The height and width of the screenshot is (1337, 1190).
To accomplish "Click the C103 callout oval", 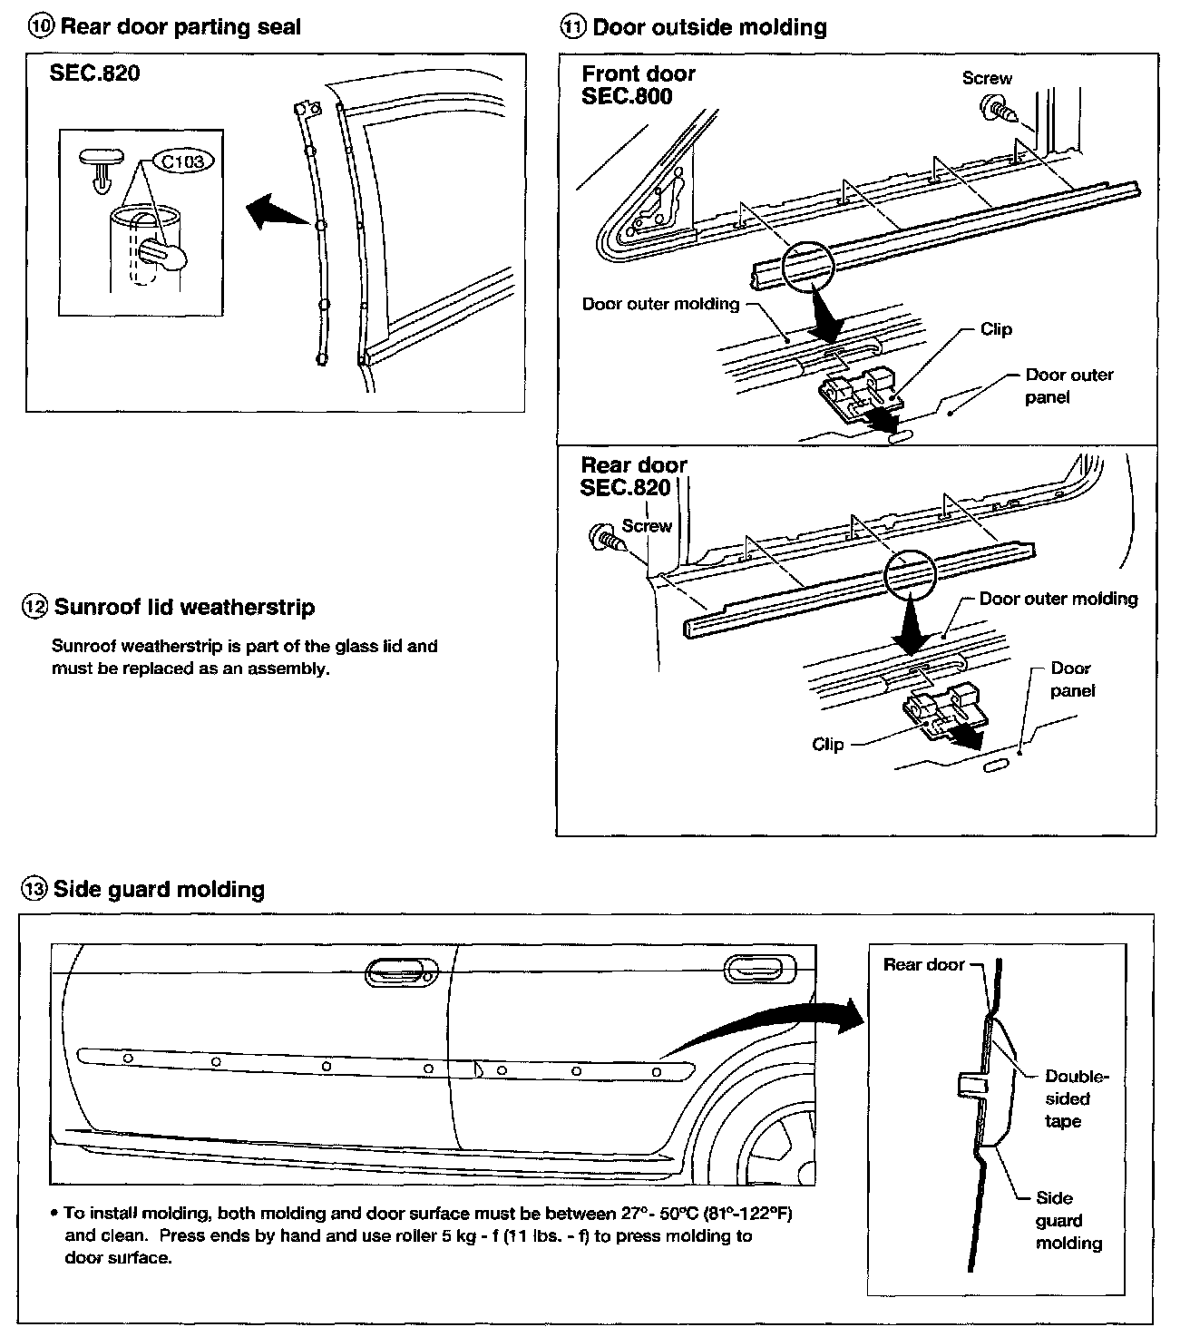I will [x=183, y=161].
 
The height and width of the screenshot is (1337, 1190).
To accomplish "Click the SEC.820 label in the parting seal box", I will [x=95, y=73].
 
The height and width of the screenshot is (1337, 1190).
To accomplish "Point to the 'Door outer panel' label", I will [x=1068, y=385].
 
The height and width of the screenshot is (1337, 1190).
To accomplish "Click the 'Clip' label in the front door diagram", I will [x=995, y=329].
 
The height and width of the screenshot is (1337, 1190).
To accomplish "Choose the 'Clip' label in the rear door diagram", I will [x=827, y=744].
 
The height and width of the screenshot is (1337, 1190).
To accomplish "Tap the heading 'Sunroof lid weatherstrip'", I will [x=184, y=607].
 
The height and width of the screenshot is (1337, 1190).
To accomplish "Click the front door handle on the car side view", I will [x=401, y=974].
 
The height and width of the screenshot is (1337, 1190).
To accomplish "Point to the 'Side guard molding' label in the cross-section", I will [x=1068, y=1221].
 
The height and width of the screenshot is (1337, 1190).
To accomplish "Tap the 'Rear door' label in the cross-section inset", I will [x=923, y=964].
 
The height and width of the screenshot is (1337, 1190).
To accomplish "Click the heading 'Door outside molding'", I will [x=709, y=27].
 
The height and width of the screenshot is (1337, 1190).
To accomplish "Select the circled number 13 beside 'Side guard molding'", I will [x=34, y=890].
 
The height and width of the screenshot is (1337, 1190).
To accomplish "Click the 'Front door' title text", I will [x=639, y=73].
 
